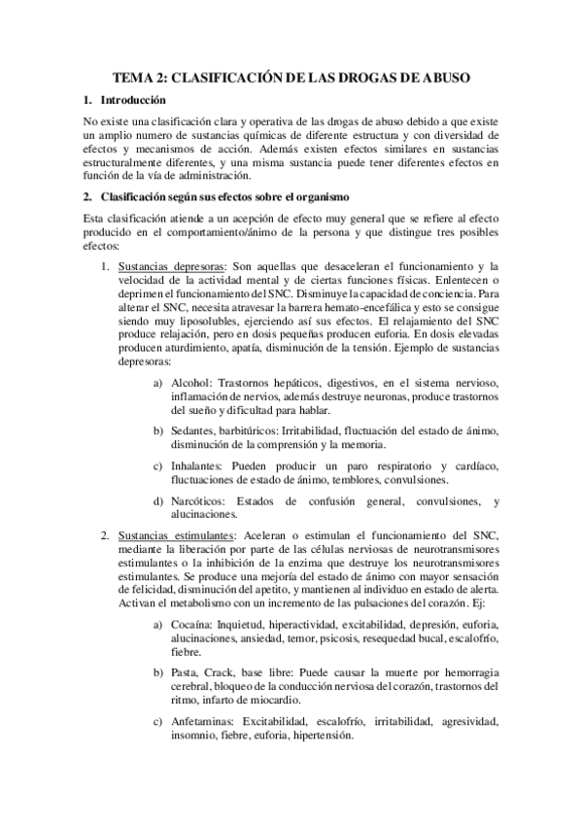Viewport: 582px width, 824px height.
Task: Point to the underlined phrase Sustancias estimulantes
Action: [x=175, y=535]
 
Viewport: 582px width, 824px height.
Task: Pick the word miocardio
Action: [x=272, y=700]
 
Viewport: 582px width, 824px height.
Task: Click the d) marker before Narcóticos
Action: [x=158, y=501]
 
